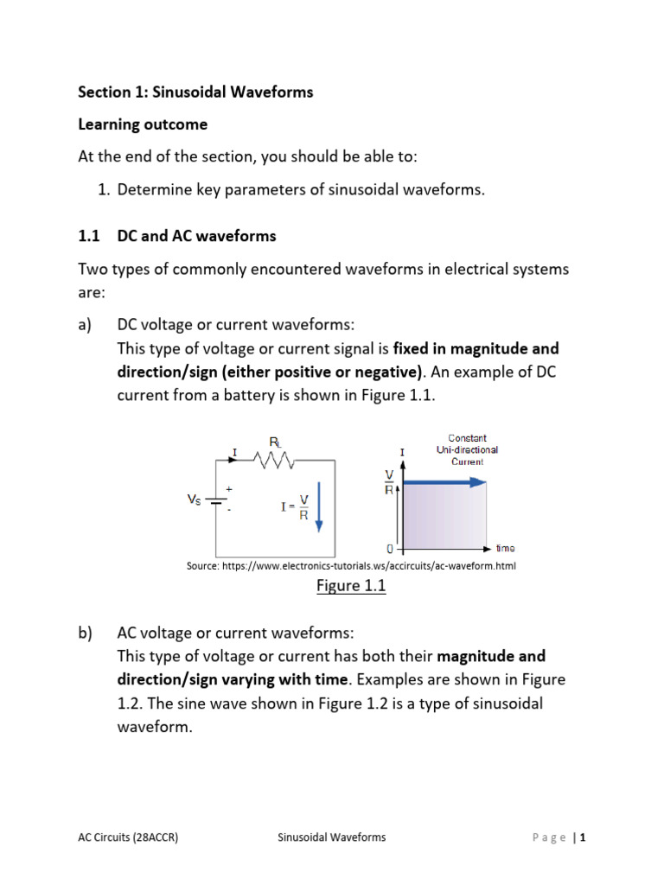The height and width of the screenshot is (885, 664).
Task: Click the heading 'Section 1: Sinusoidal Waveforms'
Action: (195, 92)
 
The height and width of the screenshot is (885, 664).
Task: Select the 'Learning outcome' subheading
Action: (143, 124)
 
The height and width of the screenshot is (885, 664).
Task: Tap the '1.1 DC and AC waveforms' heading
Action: (177, 235)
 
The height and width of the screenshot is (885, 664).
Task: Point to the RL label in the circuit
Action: (276, 442)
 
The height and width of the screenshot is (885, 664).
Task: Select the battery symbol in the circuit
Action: (215, 500)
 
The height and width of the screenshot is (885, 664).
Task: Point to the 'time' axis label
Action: (507, 548)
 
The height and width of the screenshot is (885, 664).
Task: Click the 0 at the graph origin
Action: (390, 549)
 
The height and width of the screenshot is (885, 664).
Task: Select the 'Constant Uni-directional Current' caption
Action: (468, 449)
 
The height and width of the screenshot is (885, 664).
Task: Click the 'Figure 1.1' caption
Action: (350, 586)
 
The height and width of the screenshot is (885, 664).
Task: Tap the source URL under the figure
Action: (351, 565)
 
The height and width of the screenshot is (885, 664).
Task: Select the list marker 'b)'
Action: (86, 632)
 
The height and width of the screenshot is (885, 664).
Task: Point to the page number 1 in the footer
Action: (584, 837)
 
